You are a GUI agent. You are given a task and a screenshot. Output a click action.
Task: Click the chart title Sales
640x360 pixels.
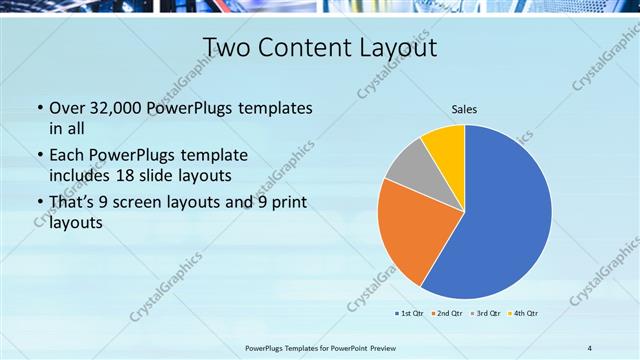point(464,108)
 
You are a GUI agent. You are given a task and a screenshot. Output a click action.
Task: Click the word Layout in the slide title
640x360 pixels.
point(396,48)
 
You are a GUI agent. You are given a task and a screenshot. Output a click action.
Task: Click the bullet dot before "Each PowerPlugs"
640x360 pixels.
point(39,156)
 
